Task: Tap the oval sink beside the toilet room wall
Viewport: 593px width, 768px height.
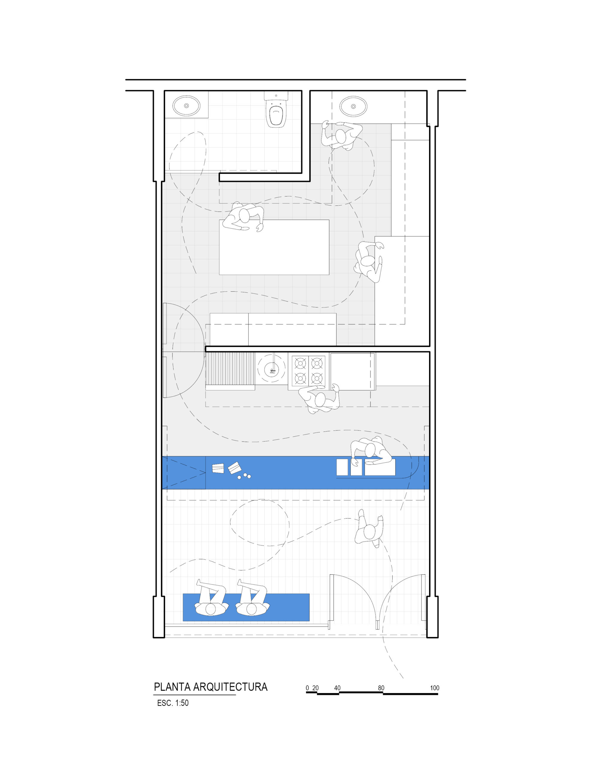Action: pyautogui.click(x=186, y=105)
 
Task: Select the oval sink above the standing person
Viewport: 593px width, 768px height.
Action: pyautogui.click(x=353, y=106)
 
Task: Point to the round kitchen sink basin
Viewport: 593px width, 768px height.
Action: pyautogui.click(x=272, y=369)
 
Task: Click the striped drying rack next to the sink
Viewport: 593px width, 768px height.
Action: pyautogui.click(x=231, y=369)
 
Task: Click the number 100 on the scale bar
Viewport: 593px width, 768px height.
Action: pyautogui.click(x=434, y=688)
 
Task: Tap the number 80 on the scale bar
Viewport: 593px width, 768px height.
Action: pyautogui.click(x=381, y=688)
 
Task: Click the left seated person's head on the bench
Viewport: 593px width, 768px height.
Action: pyautogui.click(x=211, y=609)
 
